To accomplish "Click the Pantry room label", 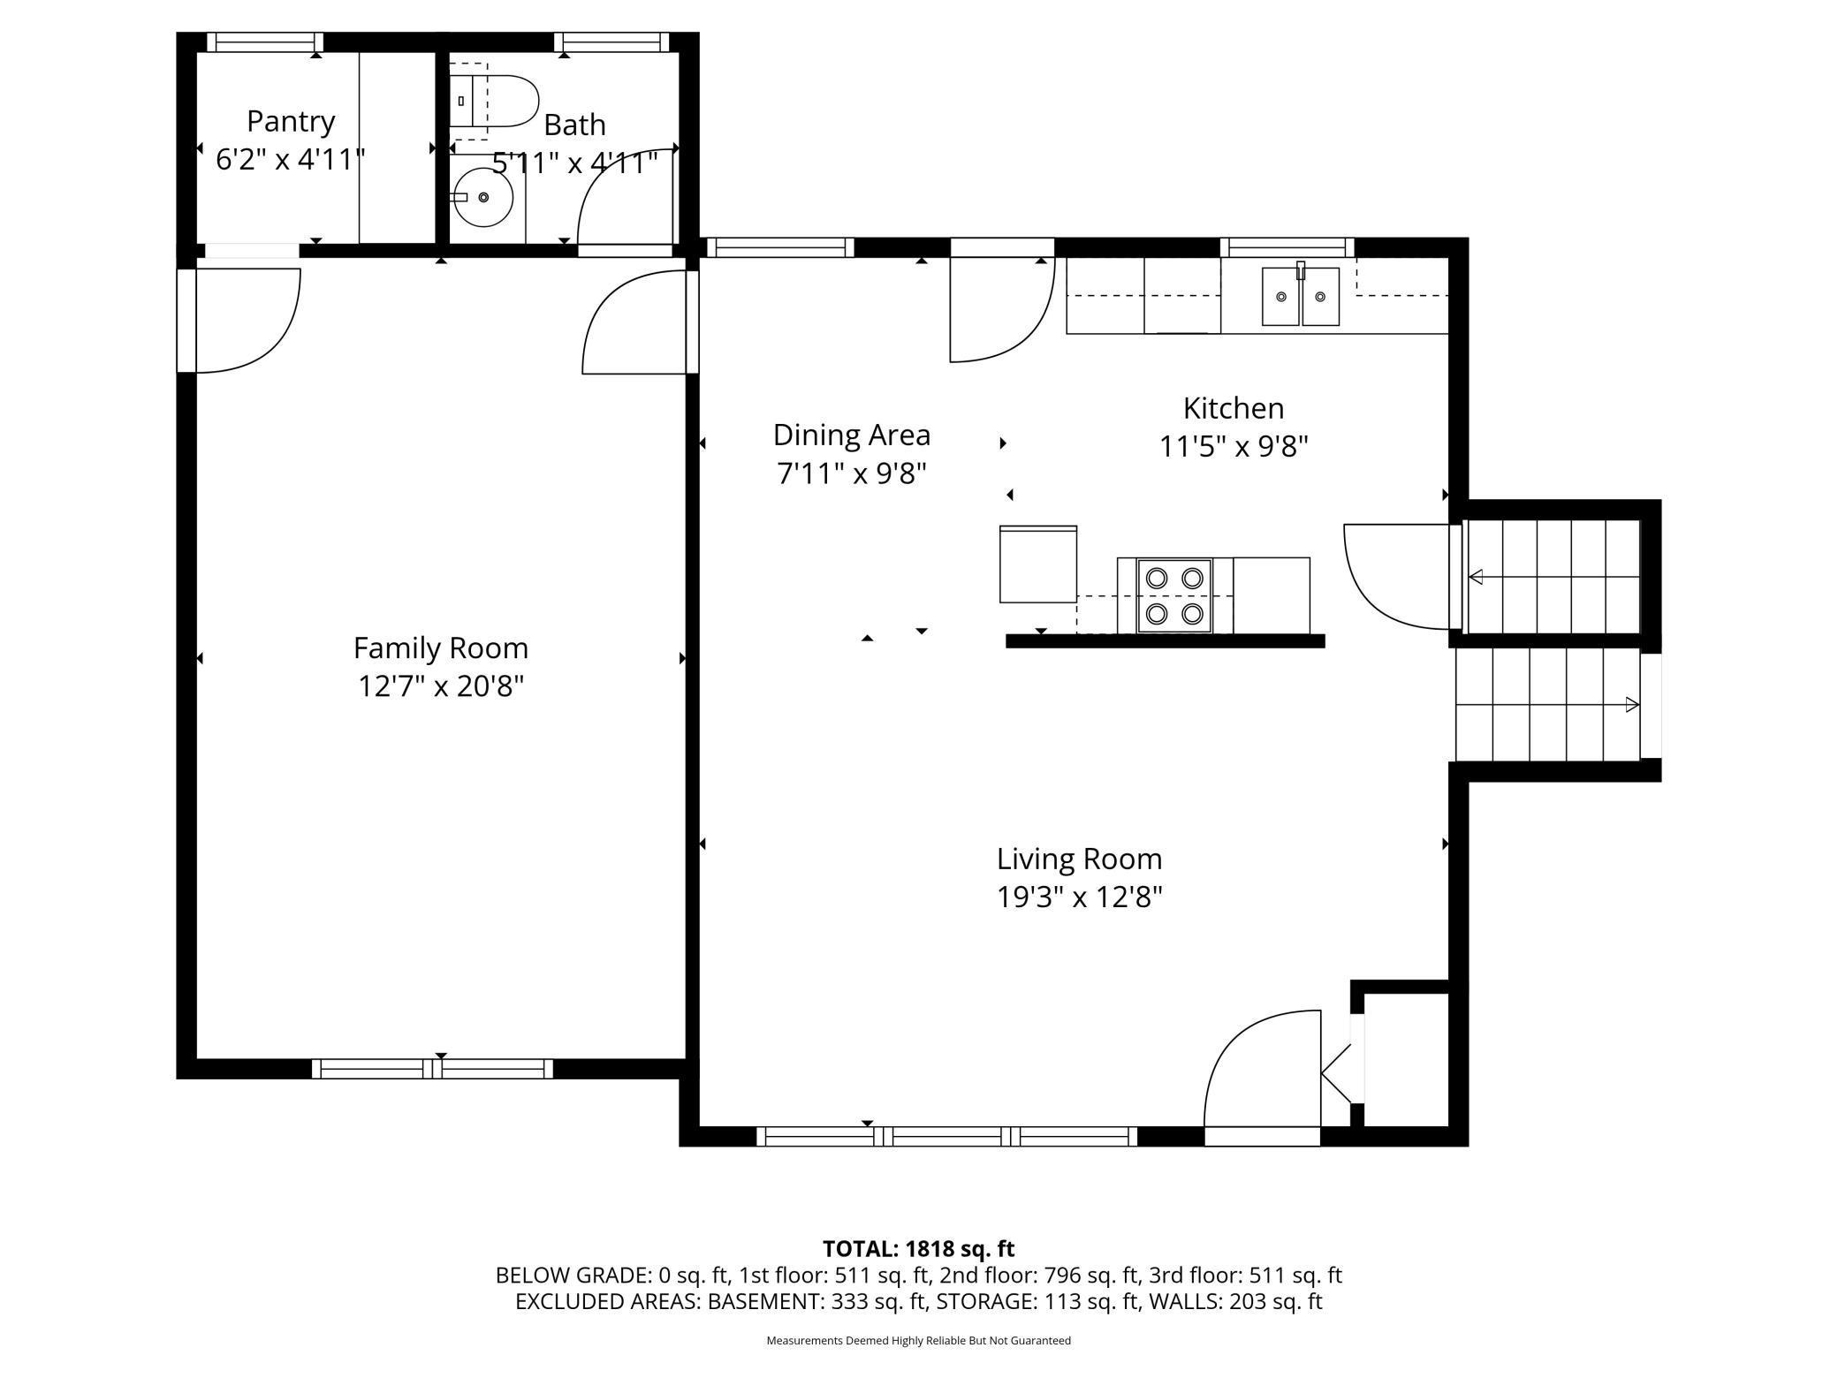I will [x=291, y=121].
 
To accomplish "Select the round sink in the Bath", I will [x=482, y=197].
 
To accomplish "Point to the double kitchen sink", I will [x=1300, y=297].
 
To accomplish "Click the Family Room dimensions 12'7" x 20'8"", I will [x=440, y=686].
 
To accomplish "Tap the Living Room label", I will [x=1079, y=859].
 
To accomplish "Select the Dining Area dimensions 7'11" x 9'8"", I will [x=851, y=474].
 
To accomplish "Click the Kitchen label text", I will [x=1233, y=408].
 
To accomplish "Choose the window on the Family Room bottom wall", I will [x=432, y=1069].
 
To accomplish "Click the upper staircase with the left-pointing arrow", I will [x=1552, y=577].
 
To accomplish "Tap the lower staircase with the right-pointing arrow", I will [x=1546, y=704].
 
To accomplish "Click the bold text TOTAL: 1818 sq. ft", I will [x=918, y=1249].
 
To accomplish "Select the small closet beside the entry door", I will [x=1405, y=1059].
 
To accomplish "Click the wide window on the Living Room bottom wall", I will [x=946, y=1137].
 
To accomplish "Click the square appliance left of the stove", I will [x=1037, y=564].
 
